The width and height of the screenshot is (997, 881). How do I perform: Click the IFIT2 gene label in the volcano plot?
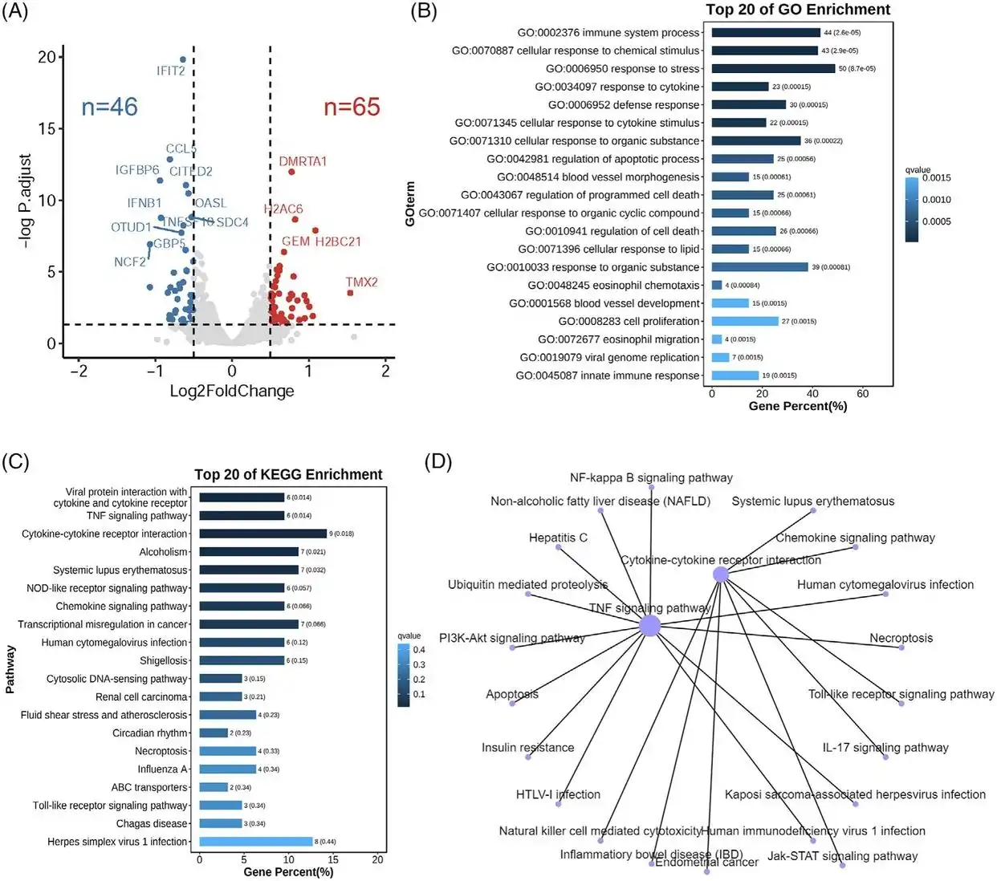tap(171, 71)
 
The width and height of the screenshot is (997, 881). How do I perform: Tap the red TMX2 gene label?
tap(361, 282)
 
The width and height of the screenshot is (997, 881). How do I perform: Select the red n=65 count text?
tap(352, 107)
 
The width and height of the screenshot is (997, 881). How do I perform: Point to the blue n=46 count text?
tap(110, 107)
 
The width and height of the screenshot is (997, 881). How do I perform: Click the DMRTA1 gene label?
tap(303, 161)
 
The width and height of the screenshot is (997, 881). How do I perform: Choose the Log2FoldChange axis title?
tap(232, 391)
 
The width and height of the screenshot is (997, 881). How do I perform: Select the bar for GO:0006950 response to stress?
tap(773, 69)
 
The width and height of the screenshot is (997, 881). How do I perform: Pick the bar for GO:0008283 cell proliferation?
tap(745, 321)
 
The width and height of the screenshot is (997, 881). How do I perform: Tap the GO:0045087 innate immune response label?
tap(608, 376)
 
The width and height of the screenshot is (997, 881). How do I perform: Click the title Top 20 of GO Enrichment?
tap(798, 10)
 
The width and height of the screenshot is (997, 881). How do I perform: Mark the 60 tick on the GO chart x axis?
tap(863, 393)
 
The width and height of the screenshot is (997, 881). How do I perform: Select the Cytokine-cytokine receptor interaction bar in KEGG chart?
tap(262, 534)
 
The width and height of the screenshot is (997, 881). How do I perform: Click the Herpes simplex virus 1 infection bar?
tap(255, 842)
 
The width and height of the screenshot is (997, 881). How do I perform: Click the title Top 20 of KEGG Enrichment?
tap(288, 474)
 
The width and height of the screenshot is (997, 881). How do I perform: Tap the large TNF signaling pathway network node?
tap(650, 626)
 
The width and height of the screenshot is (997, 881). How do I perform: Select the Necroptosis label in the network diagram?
tap(901, 638)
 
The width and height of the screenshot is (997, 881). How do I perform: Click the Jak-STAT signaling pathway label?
tap(842, 855)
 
